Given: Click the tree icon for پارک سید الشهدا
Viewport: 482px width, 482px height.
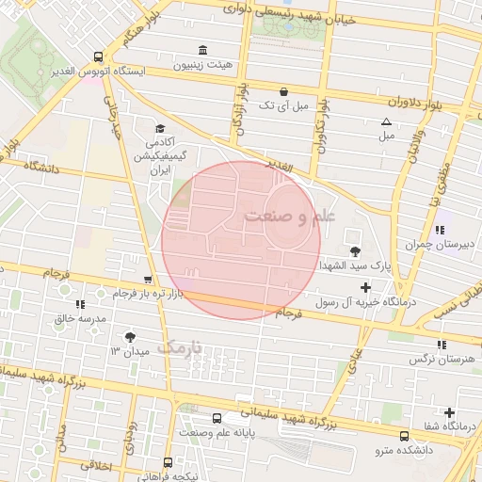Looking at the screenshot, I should pyautogui.click(x=355, y=250).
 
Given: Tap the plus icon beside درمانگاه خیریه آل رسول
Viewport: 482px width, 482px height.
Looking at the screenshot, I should pyautogui.click(x=366, y=286).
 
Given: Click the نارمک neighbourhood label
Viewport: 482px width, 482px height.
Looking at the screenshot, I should pyautogui.click(x=179, y=347).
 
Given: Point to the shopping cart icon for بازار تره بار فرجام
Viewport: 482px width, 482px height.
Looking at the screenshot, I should pyautogui.click(x=148, y=280).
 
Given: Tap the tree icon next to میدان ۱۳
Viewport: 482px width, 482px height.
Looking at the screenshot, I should pyautogui.click(x=129, y=336).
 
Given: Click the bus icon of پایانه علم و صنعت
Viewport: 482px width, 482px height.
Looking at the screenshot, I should pyautogui.click(x=217, y=417).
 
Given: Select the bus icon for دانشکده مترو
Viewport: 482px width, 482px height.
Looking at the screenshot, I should pyautogui.click(x=405, y=436).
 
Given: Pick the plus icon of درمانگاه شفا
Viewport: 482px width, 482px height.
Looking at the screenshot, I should pyautogui.click(x=449, y=412).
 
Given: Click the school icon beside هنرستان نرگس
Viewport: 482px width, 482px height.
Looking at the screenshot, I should pyautogui.click(x=442, y=345).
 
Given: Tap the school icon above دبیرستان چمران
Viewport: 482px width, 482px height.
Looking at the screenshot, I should pyautogui.click(x=439, y=230).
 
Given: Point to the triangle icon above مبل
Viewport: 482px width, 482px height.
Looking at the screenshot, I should pyautogui.click(x=386, y=121).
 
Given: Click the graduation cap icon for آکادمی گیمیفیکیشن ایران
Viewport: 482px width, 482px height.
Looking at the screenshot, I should pyautogui.click(x=160, y=129).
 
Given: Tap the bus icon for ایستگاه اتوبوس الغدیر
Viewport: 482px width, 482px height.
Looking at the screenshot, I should pyautogui.click(x=100, y=56).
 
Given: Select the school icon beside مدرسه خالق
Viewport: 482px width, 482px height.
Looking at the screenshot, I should pyautogui.click(x=80, y=304).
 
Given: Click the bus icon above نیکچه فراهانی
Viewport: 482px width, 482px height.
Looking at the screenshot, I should pyautogui.click(x=168, y=462).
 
